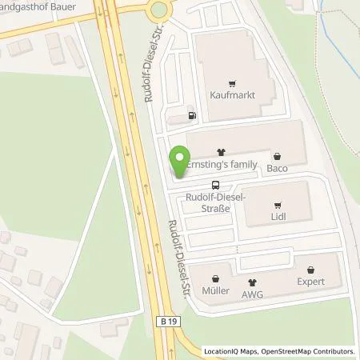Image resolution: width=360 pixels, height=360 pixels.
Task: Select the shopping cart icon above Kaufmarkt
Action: pos(231,82)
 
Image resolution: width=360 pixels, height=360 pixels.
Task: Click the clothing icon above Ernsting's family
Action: pos(222,151)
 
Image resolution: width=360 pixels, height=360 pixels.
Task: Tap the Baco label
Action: pos(277,169)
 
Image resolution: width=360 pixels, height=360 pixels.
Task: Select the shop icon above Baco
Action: pos(277,156)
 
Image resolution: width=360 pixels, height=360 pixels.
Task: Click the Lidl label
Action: pos(278,216)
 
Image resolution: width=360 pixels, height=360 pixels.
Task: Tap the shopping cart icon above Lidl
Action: pos(278,203)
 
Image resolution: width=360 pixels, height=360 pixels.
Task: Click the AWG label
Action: pos(253,294)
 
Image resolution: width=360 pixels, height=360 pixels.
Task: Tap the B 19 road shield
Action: pos(163,319)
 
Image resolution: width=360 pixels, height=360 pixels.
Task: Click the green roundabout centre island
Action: pos(158,9)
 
